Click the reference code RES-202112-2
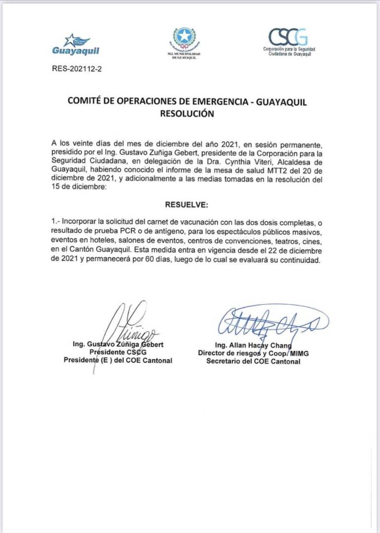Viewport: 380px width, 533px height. pos(77,69)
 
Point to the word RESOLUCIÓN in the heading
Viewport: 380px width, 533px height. pos(187,113)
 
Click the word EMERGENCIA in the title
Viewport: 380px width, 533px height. pos(222,101)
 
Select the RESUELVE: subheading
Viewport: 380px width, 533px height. pos(187,204)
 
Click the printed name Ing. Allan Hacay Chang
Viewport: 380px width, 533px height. pos(253,345)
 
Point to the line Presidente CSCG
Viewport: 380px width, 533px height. pos(118,352)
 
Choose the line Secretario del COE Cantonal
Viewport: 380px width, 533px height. pos(253,361)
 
